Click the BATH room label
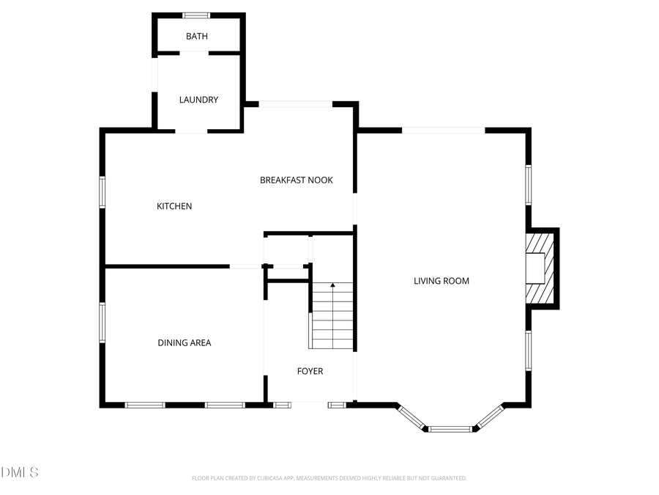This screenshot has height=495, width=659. tap(196, 36)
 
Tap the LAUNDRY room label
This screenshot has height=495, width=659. tap(198, 100)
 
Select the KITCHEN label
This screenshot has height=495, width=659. tap(174, 206)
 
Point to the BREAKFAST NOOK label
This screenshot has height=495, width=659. tap(296, 180)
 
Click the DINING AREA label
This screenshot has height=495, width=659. tap(185, 342)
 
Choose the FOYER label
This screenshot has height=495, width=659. tap(310, 371)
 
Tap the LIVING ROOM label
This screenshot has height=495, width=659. tap(441, 281)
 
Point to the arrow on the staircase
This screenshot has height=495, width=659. tap(332, 285)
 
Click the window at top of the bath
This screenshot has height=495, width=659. tap(196, 15)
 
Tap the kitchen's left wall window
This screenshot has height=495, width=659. tap(103, 192)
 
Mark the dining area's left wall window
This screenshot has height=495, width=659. tap(103, 323)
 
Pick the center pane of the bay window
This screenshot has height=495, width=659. tap(450, 428)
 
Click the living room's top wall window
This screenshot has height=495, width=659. tap(444, 131)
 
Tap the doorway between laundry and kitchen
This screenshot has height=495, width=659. tap(190, 131)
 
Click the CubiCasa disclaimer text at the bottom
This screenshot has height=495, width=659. tap(329, 478)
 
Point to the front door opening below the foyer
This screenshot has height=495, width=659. tap(309, 403)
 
